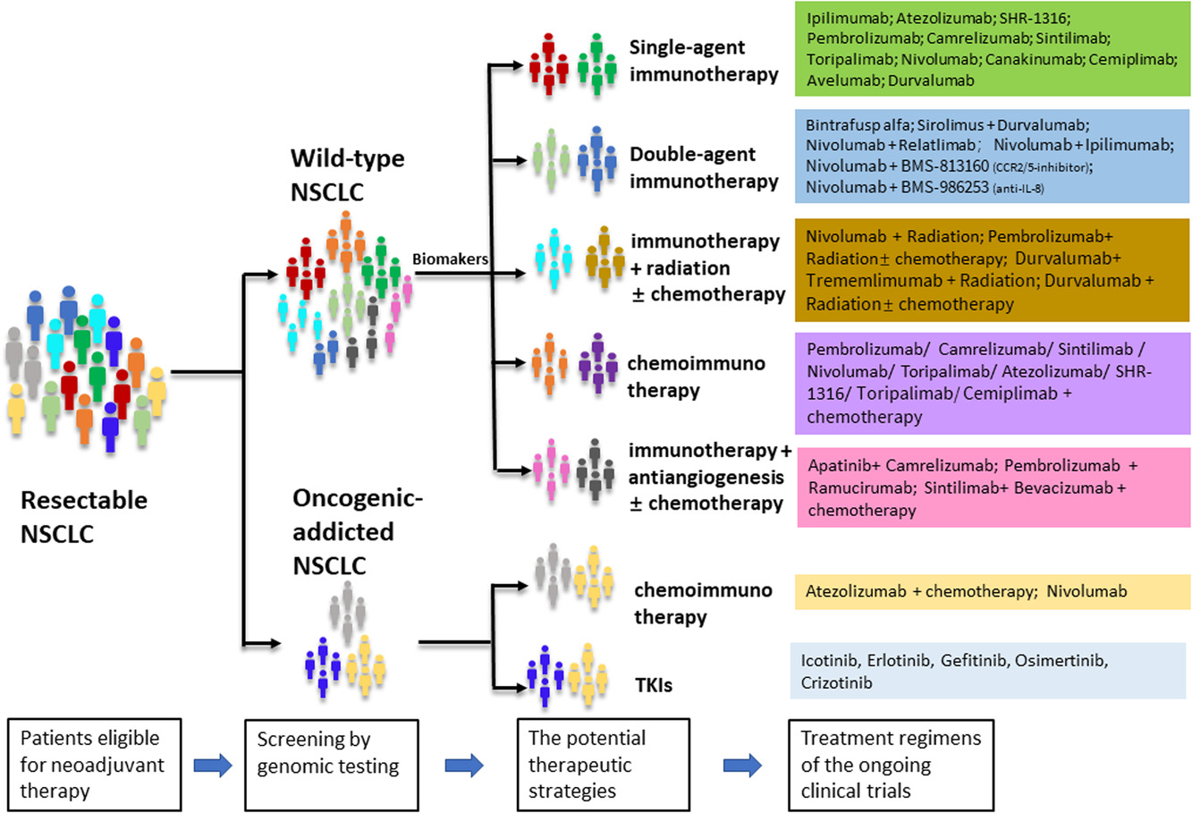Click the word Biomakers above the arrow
coord(450,259)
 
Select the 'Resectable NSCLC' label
coord(83,517)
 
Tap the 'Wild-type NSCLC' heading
coord(347,175)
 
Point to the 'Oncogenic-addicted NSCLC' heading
coord(358,531)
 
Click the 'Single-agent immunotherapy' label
coord(704,61)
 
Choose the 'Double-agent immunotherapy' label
coord(704,167)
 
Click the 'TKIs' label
coord(654,685)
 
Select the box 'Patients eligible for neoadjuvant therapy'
coord(95,765)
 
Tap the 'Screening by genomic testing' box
coord(332,765)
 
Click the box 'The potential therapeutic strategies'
coord(604,765)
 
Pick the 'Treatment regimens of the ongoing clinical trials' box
coord(891,765)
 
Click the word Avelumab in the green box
coord(844,80)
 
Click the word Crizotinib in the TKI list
coord(836,682)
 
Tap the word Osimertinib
coord(1061,661)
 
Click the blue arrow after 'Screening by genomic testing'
coord(464,765)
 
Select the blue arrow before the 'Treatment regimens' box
coord(742,765)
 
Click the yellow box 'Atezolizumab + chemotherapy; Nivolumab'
coord(992,592)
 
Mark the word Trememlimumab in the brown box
coord(874,281)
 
